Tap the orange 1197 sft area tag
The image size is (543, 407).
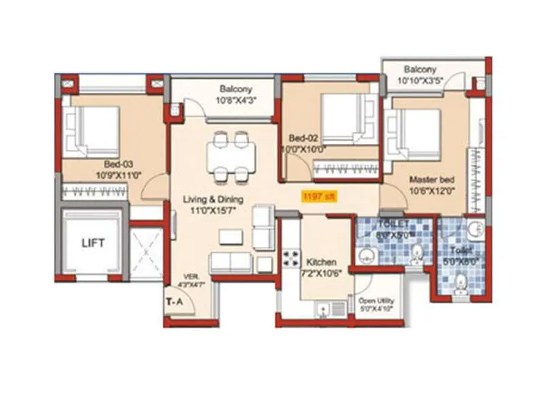click(x=319, y=197)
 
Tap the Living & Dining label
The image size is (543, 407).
click(x=213, y=199)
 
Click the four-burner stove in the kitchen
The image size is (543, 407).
click(x=292, y=258)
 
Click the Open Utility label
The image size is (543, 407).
click(x=377, y=301)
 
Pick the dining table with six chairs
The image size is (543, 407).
click(x=231, y=157)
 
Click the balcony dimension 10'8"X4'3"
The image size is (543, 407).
click(x=236, y=101)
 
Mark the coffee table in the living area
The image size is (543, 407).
click(x=231, y=237)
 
